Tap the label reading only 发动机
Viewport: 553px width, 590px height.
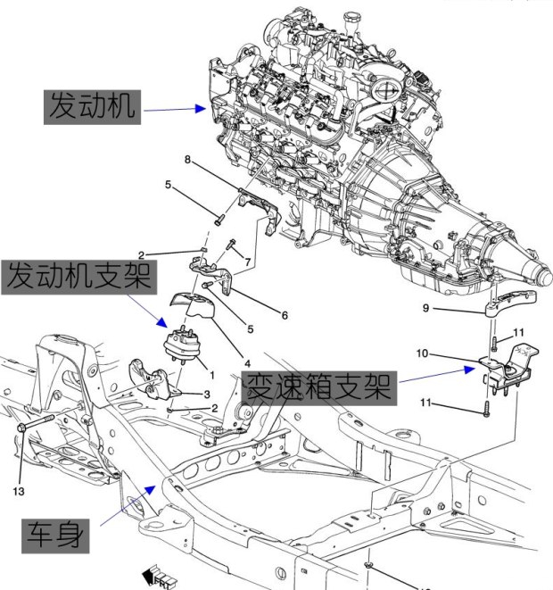coord(92,108)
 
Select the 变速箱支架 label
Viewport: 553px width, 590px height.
coord(318,387)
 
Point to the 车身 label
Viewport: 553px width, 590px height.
coord(58,535)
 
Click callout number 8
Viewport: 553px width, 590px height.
coord(188,160)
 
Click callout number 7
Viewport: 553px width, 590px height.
coord(248,261)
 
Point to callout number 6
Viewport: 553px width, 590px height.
coord(285,314)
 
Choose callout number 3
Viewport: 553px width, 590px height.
coord(207,393)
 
